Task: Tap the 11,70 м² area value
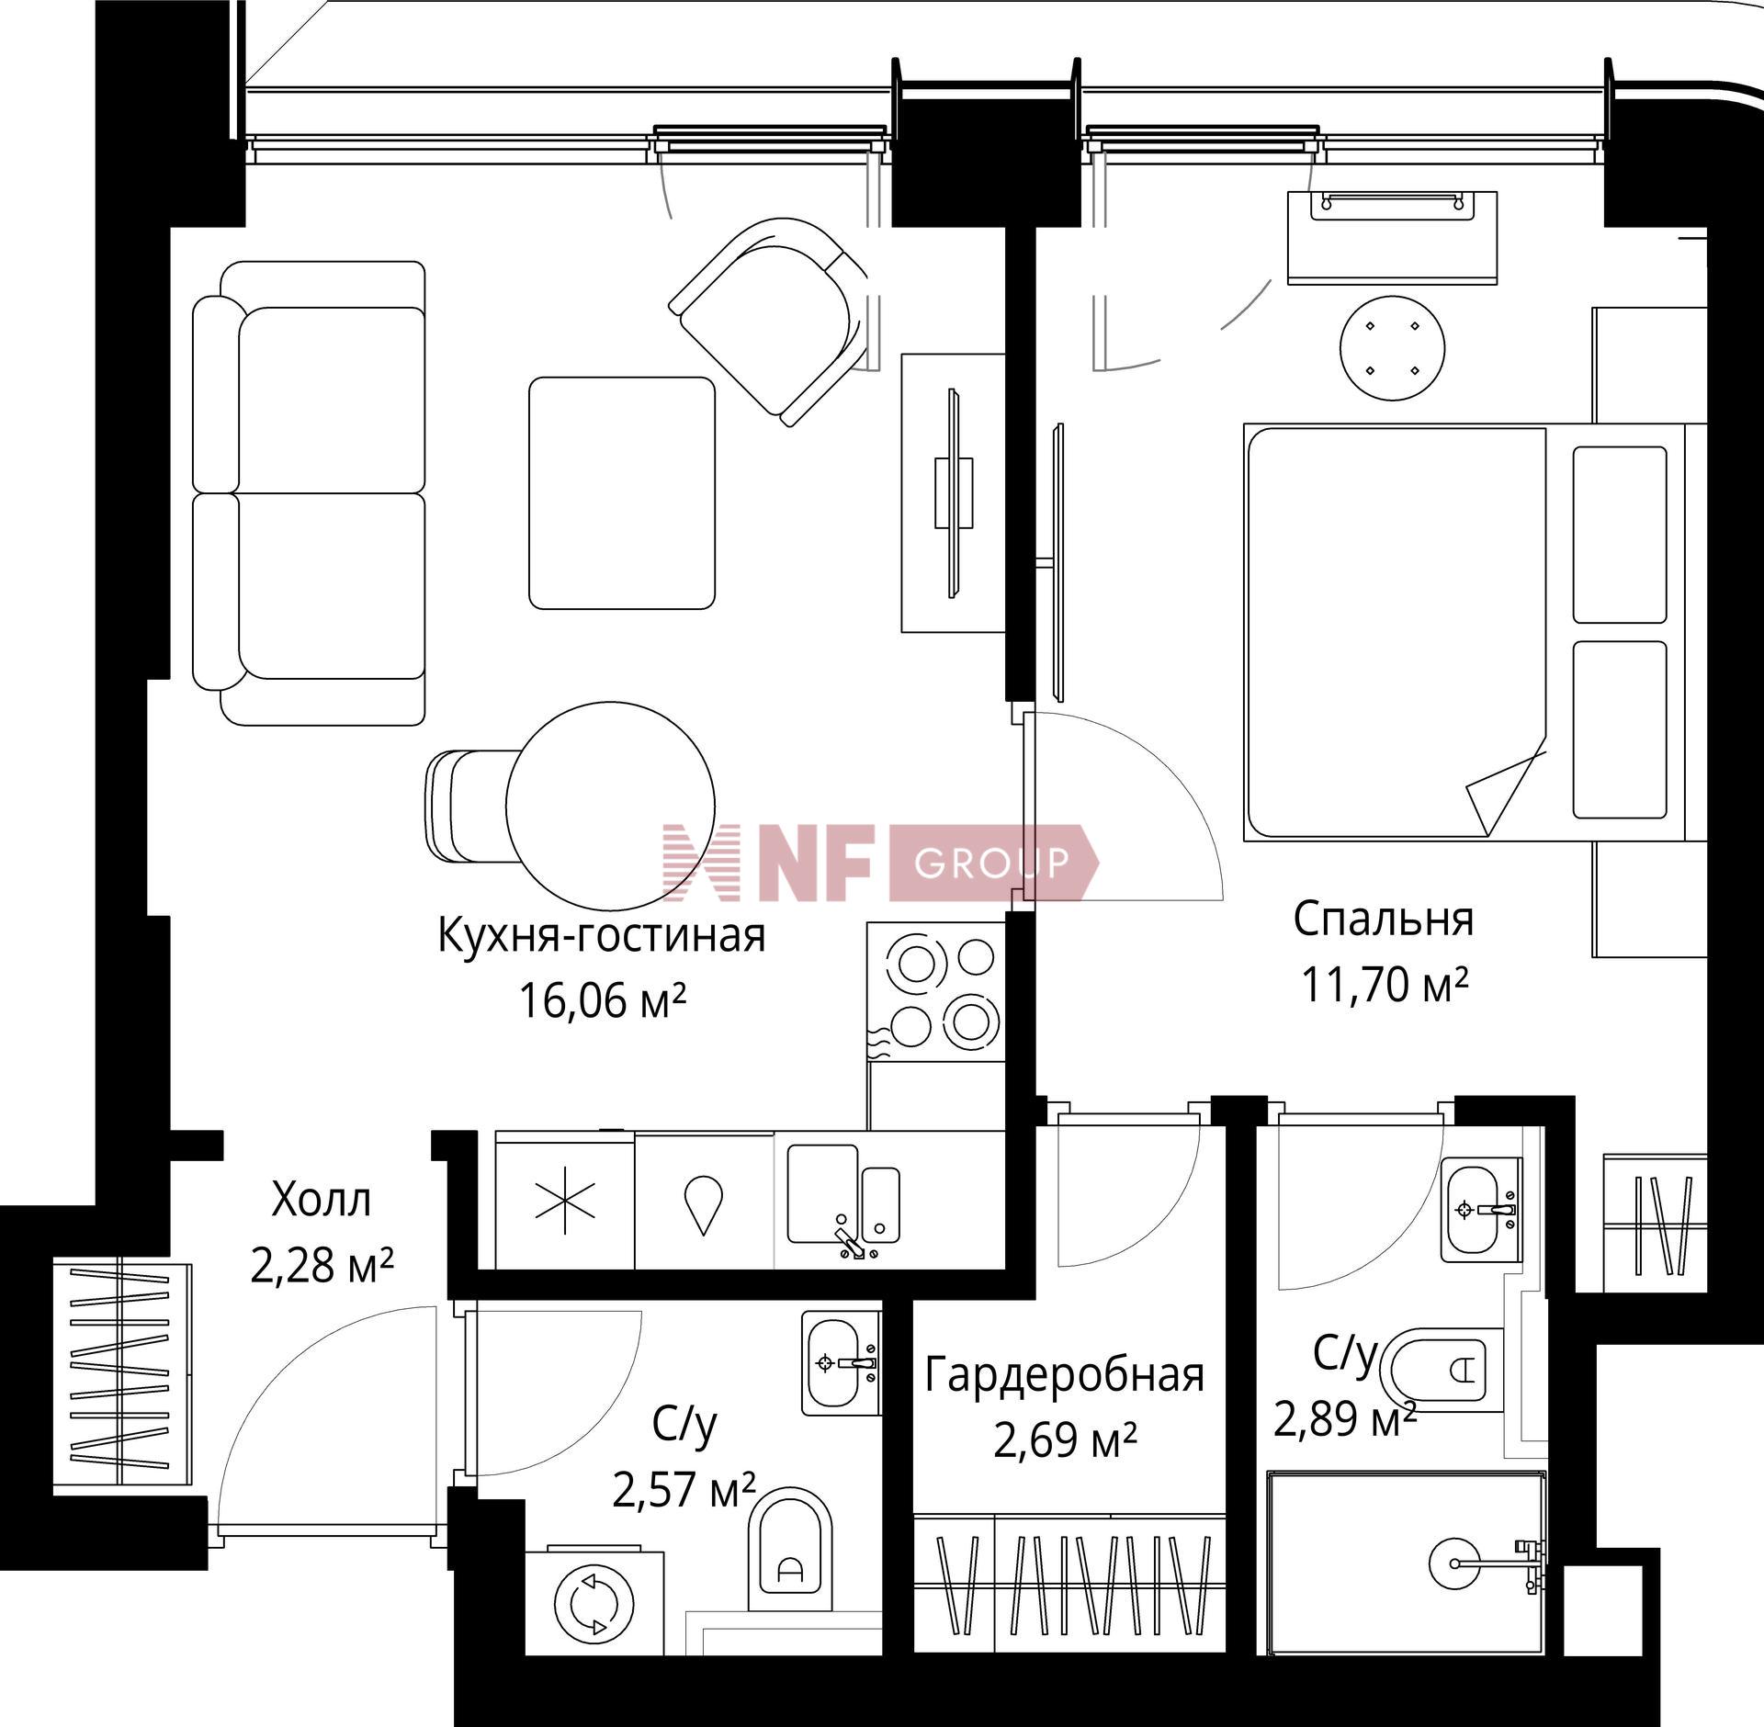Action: click(x=1384, y=985)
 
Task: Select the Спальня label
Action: click(x=1384, y=920)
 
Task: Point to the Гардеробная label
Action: click(x=1064, y=1376)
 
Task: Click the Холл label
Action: click(x=322, y=1200)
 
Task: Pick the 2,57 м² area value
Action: click(x=684, y=1491)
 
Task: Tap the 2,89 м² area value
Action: click(x=1343, y=1419)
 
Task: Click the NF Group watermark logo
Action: click(x=880, y=861)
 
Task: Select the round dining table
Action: click(x=610, y=805)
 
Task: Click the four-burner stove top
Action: click(x=936, y=991)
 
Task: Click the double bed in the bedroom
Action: click(x=1464, y=632)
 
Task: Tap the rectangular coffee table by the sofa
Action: click(x=622, y=492)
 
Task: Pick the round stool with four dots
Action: click(x=1392, y=348)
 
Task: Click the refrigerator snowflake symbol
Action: click(x=565, y=1201)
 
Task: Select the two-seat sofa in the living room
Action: click(x=309, y=492)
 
